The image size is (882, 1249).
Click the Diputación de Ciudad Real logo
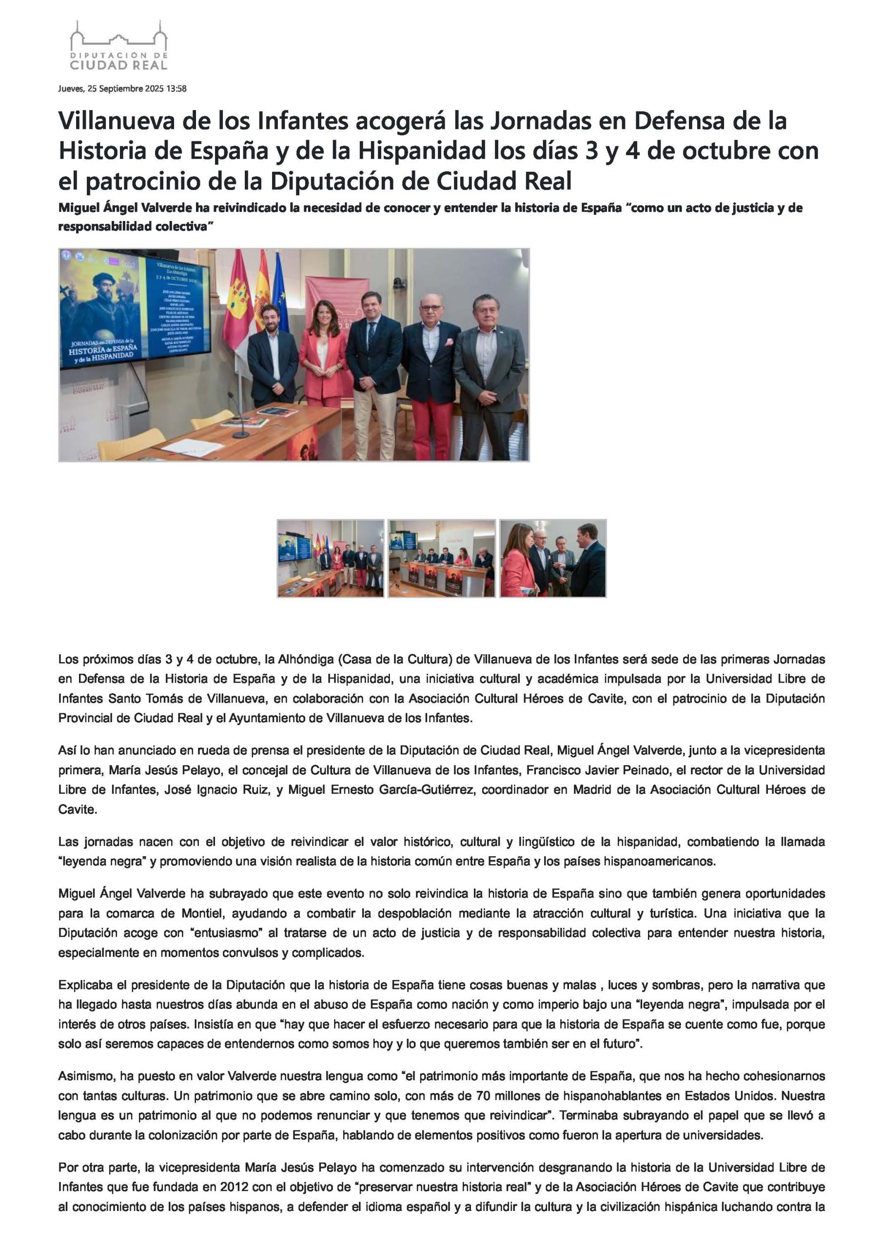[118, 46]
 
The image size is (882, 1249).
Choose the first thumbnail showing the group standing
[331, 558]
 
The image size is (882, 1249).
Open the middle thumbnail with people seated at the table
[442, 558]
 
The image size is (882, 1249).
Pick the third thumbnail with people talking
[552, 558]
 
